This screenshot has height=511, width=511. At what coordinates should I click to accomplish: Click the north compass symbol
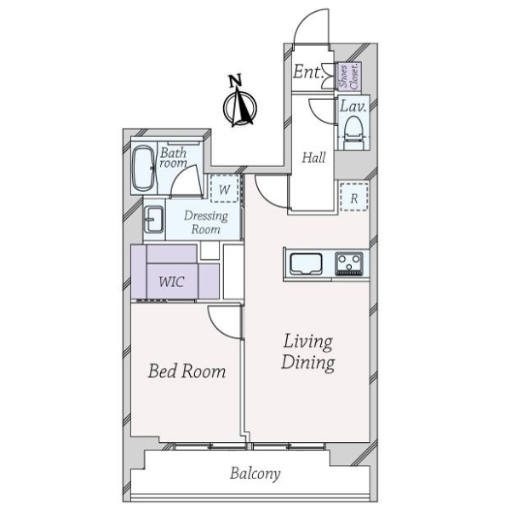click(240, 107)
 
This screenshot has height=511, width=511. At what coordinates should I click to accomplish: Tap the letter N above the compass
click(235, 80)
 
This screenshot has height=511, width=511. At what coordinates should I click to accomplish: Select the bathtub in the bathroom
click(143, 168)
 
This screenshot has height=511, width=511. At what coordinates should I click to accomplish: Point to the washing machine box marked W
click(225, 189)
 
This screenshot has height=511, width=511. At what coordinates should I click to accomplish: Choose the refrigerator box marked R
click(354, 198)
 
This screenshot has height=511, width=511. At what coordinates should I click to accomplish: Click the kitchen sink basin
click(306, 264)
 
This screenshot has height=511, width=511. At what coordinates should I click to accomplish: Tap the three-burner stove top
click(349, 264)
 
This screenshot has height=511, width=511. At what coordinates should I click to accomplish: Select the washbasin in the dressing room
click(153, 220)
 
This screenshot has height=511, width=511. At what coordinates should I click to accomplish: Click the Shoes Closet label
click(349, 77)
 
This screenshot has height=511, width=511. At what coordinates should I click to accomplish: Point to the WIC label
click(172, 282)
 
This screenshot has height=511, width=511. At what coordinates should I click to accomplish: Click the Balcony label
click(255, 474)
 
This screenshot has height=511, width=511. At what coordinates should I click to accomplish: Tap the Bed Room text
click(187, 371)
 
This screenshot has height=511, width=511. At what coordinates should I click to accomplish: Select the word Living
click(308, 342)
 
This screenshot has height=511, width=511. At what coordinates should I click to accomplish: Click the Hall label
click(313, 158)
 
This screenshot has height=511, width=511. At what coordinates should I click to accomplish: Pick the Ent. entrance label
click(308, 72)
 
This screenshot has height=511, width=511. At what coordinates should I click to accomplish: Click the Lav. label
click(353, 106)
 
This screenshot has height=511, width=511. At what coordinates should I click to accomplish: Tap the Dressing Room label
click(206, 222)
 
